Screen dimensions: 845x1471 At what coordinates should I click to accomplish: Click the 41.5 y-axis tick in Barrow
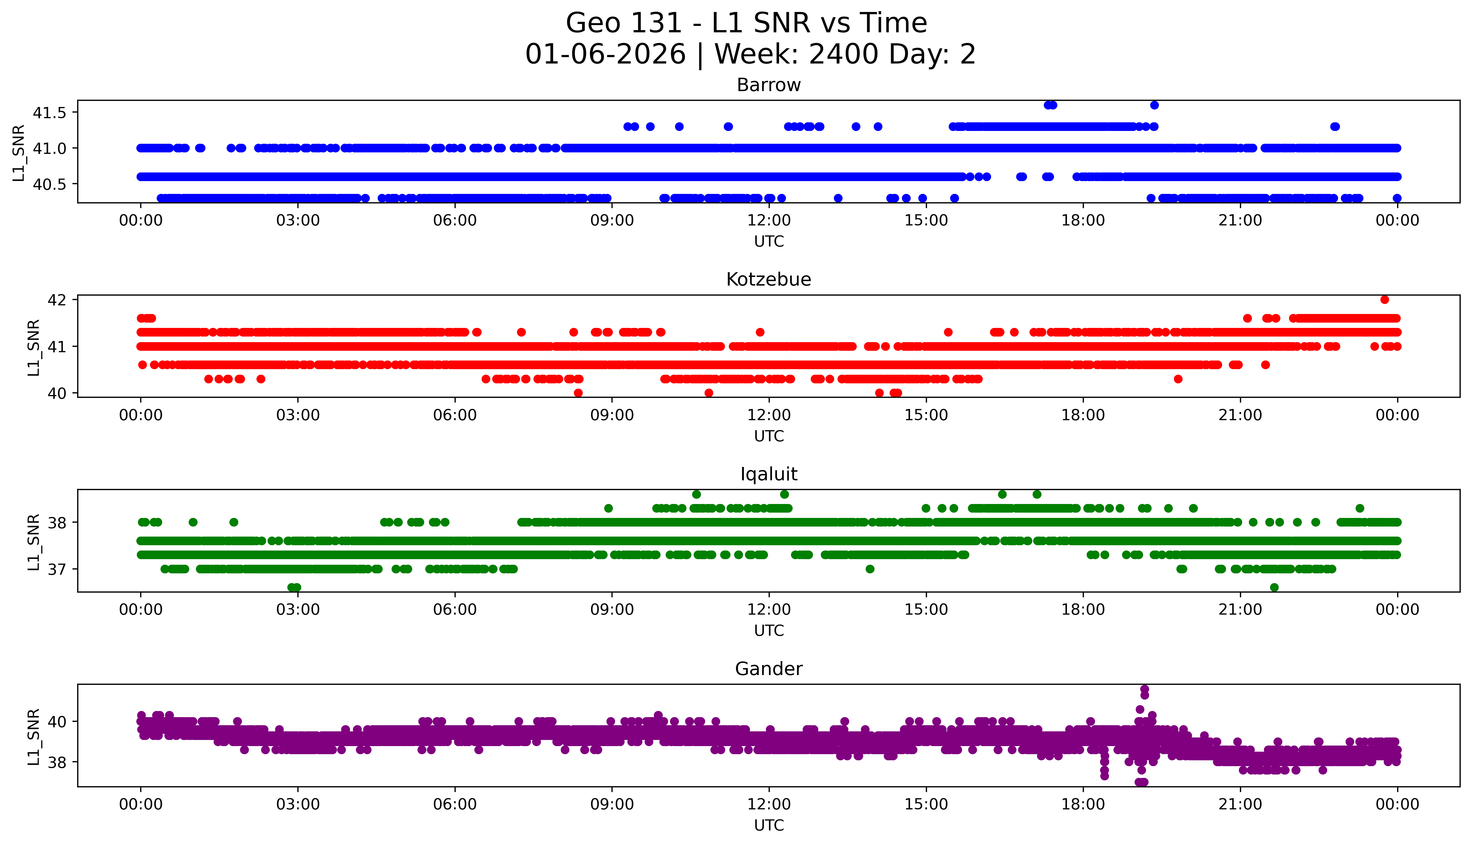[x=50, y=113]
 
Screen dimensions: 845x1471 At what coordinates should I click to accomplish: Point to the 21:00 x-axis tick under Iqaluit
[x=1240, y=609]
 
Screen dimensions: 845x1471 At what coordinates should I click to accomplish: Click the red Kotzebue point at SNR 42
[x=1385, y=299]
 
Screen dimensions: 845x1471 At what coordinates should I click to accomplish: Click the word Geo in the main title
[x=594, y=23]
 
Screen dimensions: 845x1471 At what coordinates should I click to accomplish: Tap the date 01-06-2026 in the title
[x=605, y=55]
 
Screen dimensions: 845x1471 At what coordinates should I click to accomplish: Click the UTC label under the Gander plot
[x=769, y=825]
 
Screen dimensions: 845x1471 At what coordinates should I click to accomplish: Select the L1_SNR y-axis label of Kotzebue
[x=34, y=347]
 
